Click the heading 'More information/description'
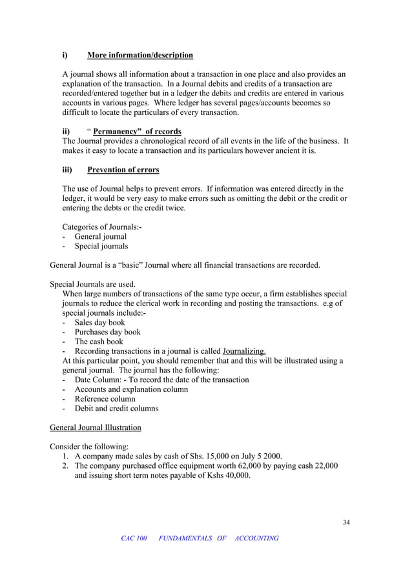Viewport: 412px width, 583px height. (x=140, y=55)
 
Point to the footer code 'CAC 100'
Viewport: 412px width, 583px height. (x=134, y=538)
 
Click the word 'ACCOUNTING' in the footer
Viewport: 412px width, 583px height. (x=257, y=538)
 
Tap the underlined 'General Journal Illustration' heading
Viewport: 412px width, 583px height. (x=95, y=427)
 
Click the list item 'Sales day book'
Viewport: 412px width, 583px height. (x=99, y=322)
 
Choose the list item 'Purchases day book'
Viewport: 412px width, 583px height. (x=107, y=332)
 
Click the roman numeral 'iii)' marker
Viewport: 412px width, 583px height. (x=67, y=170)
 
